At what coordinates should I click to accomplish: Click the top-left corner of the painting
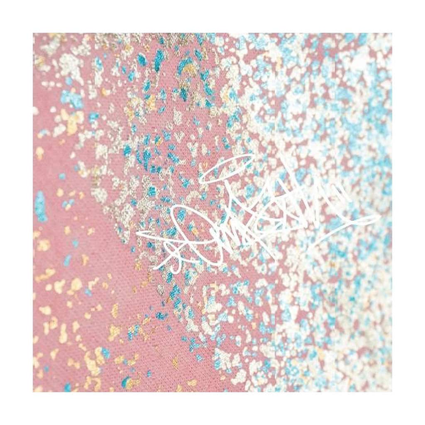[x=34, y=34]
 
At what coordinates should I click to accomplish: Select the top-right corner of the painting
[x=391, y=34]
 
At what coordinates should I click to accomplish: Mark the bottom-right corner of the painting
[x=391, y=391]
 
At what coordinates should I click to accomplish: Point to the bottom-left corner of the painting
[x=34, y=391]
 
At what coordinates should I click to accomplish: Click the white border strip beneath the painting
[x=212, y=408]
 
